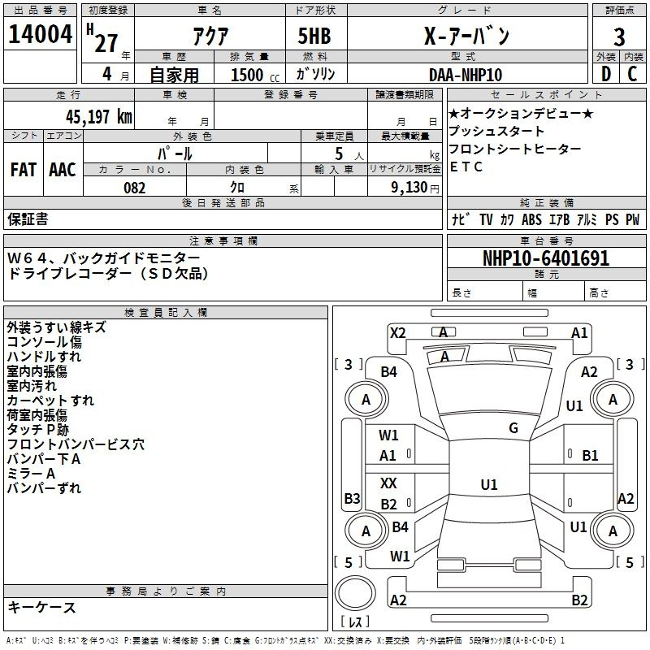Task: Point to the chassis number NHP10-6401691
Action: point(546,258)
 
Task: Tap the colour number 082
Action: point(134,188)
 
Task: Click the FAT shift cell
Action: point(23,169)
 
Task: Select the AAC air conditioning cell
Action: point(63,169)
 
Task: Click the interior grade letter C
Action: point(632,75)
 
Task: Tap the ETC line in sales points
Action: point(466,167)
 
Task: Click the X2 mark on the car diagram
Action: point(397,332)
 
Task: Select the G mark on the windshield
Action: point(513,428)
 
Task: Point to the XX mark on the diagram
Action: point(389,483)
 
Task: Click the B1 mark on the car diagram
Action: point(590,456)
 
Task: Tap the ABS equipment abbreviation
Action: point(531,219)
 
